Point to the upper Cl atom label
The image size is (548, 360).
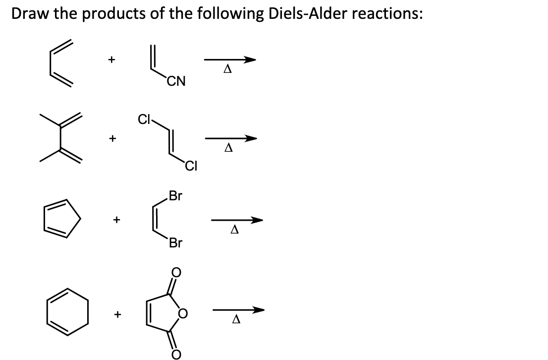pyautogui.click(x=144, y=120)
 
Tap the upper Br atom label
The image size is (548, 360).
pyautogui.click(x=175, y=195)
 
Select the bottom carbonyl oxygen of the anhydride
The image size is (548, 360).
pyautogui.click(x=176, y=354)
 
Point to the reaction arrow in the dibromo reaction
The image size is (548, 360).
pyautogui.click(x=237, y=220)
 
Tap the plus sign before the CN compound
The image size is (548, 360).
pyautogui.click(x=112, y=60)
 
